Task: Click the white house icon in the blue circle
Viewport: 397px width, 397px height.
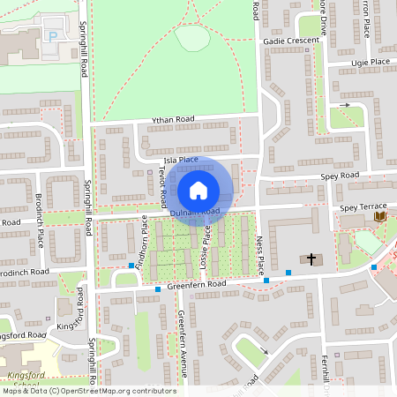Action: [x=198, y=190]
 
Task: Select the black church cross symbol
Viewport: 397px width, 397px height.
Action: [x=311, y=259]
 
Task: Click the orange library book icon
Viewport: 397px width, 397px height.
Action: [x=380, y=216]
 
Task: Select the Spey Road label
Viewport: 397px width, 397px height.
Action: [x=340, y=176]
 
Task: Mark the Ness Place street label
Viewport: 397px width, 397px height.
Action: [x=259, y=254]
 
